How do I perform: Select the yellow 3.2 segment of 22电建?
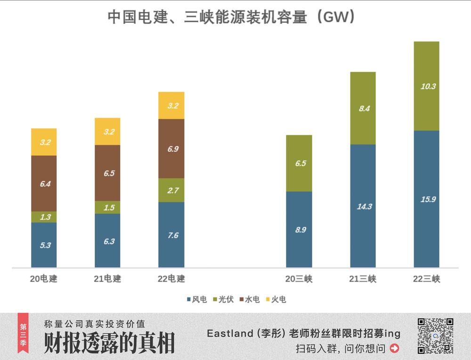pos(171,106)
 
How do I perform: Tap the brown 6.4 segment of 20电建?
pos(44,183)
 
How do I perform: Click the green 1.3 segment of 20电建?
pos(44,217)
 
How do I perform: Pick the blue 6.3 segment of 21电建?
pos(107,241)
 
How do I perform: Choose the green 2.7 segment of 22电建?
pos(171,190)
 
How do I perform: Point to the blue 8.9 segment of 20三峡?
pos(299,229)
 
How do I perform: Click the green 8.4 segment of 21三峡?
pos(363,108)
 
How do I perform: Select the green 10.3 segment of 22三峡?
pos(427,86)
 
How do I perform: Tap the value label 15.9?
pos(427,199)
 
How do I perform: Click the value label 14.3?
pos(363,206)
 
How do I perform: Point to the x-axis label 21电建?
pos(107,279)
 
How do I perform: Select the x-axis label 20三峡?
pos(299,279)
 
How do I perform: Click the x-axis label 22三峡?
pos(427,279)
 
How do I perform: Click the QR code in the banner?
pos(435,336)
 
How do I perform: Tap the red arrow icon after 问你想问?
pos(395,349)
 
